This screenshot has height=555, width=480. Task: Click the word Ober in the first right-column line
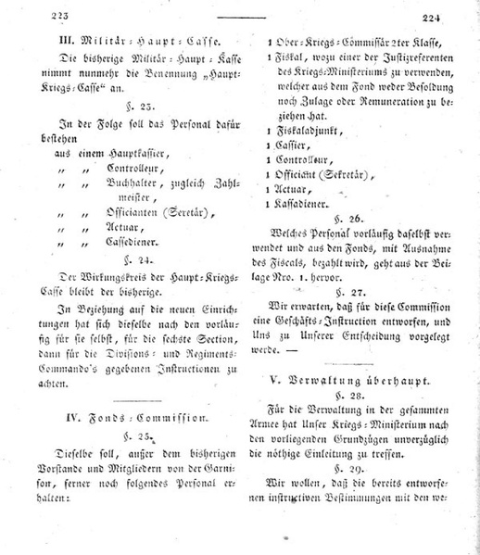(285, 42)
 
